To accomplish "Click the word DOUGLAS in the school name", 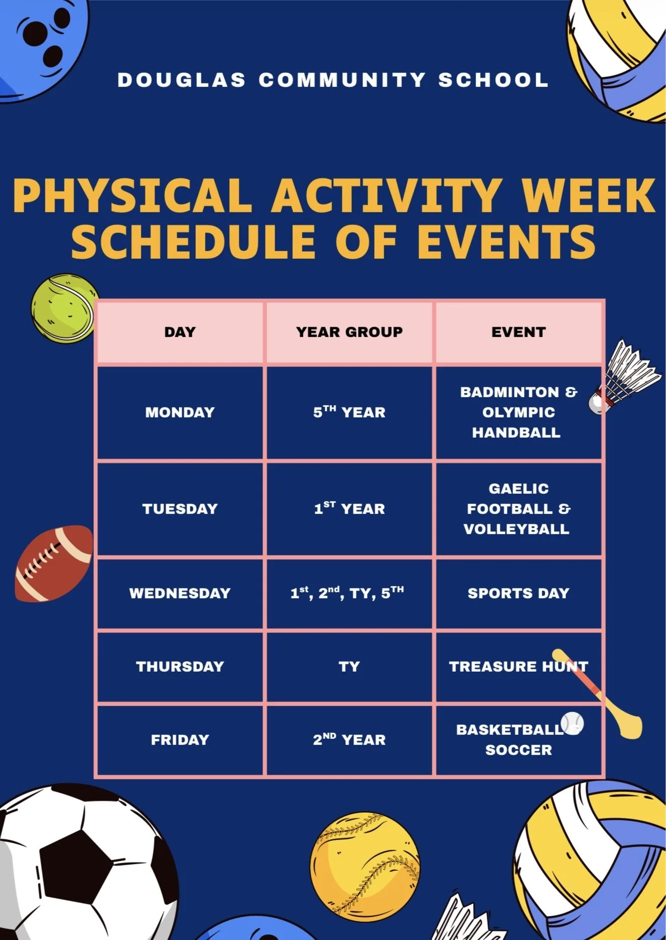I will click(181, 80).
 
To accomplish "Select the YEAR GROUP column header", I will click(349, 332).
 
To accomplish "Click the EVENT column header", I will click(519, 332).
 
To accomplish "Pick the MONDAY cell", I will click(180, 412).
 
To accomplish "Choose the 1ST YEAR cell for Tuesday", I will click(349, 508).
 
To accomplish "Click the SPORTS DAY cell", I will click(519, 593).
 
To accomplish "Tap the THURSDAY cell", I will click(180, 667).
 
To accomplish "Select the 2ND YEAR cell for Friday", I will click(349, 740).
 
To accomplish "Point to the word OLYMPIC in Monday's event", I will click(519, 412).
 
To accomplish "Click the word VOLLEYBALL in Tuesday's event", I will click(517, 529).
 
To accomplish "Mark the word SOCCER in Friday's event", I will click(519, 750).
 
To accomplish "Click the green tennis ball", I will click(64, 308).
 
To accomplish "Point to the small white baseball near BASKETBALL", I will click(573, 723).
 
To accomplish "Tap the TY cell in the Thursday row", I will click(349, 667).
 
